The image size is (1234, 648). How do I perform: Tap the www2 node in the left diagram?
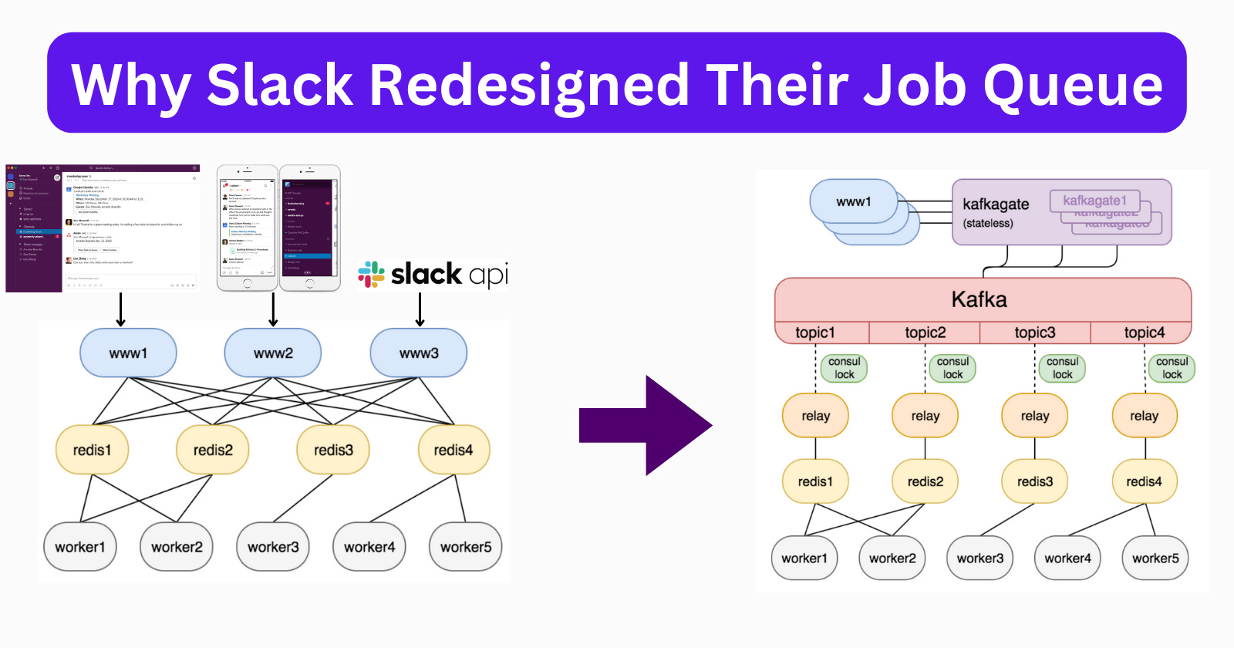coord(272,353)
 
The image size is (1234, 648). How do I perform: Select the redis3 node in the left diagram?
coord(333,450)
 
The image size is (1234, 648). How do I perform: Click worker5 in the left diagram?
coord(465,547)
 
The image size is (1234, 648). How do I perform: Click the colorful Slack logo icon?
coord(372,275)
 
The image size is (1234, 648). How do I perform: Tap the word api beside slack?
coord(488,275)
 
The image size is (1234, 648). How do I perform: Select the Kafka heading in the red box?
coord(979,299)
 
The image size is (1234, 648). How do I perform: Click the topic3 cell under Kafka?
coord(1034,332)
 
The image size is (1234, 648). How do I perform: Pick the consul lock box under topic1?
coord(844,368)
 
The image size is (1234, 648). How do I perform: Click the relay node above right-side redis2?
coord(925,416)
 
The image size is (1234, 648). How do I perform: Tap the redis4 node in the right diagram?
coord(1144,481)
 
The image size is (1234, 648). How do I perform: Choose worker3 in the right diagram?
coord(979,558)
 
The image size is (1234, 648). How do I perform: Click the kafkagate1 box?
coord(1094,201)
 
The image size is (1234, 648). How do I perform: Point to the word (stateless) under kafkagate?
coord(988,223)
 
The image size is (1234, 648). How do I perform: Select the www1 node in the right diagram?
coord(853,201)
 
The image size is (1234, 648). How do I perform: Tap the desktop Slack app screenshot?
coord(103,228)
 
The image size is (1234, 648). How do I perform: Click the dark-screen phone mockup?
coord(309,228)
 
